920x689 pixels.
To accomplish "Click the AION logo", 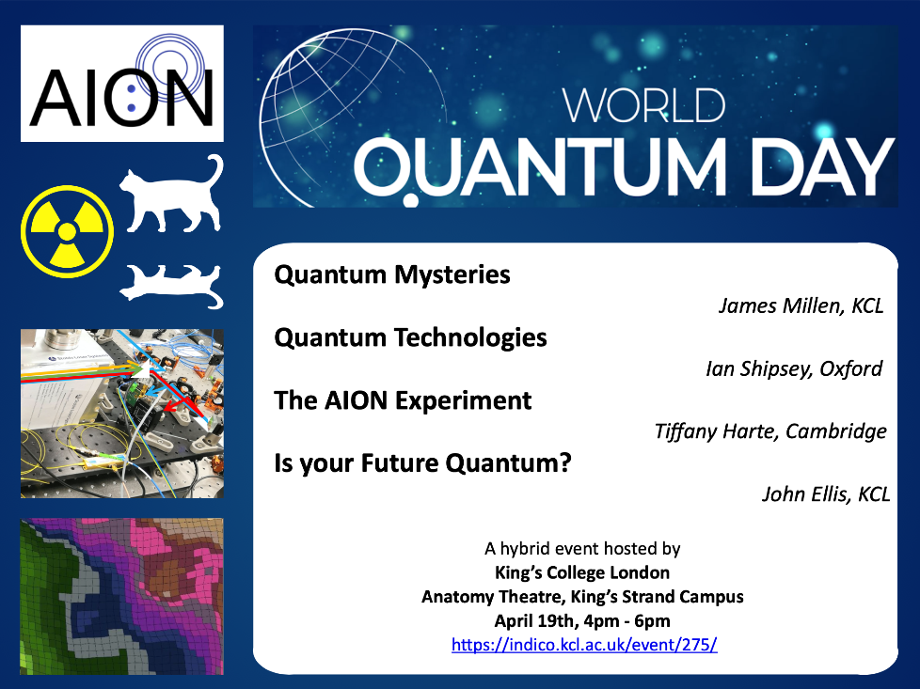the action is [122, 84].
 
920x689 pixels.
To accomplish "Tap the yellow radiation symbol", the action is [68, 231].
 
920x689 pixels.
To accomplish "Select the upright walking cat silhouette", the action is [172, 194].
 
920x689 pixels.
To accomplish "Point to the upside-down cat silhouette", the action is [172, 286].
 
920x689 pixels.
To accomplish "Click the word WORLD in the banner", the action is [643, 105].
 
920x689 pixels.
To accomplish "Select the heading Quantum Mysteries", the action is [392, 274].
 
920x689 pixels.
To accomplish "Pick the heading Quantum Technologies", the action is [410, 337].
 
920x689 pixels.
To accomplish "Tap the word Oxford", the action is [850, 368].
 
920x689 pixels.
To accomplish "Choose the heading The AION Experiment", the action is [403, 400].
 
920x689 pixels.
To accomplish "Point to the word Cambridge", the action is [836, 431].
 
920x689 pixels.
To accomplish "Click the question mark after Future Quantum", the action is [565, 462].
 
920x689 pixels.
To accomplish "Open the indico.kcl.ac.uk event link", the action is [584, 645].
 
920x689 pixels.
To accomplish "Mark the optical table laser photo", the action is [122, 414].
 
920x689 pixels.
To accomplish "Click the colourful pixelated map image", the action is [122, 596].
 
